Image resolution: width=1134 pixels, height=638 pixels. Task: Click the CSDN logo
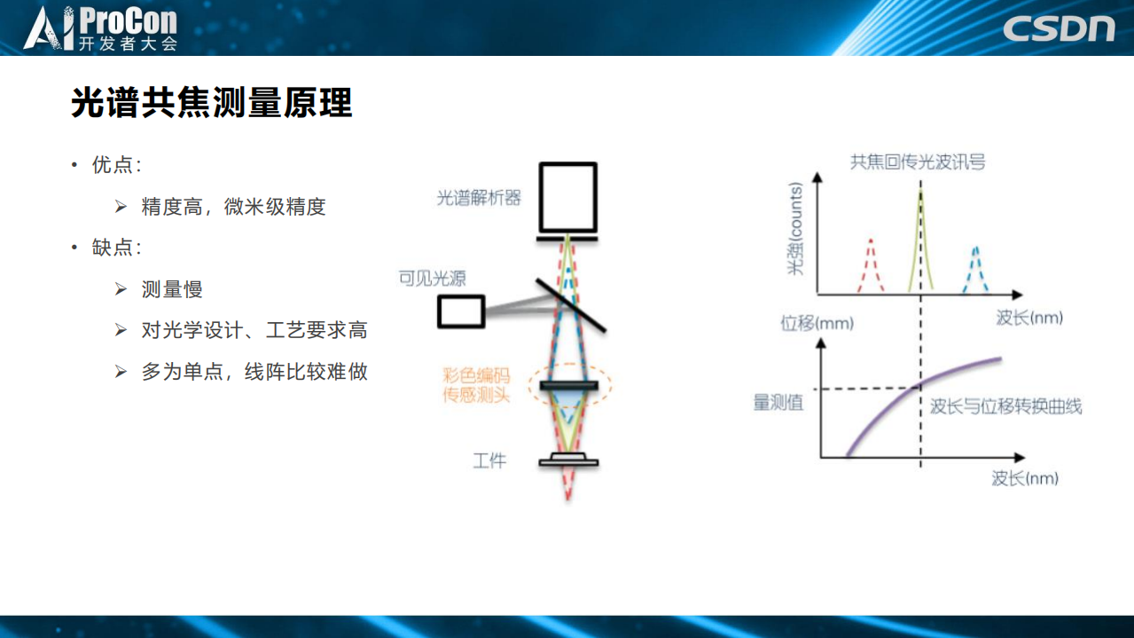pyautogui.click(x=1059, y=28)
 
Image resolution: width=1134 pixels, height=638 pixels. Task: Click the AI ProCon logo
pyautogui.click(x=101, y=28)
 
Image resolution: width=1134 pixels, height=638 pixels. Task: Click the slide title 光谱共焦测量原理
pyautogui.click(x=212, y=104)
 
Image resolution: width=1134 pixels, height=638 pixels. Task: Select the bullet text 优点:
pyautogui.click(x=116, y=166)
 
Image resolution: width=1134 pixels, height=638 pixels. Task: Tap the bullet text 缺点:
pyautogui.click(x=116, y=248)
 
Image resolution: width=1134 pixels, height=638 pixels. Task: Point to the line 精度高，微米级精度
pyautogui.click(x=233, y=207)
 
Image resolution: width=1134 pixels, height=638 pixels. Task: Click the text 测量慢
pyautogui.click(x=172, y=289)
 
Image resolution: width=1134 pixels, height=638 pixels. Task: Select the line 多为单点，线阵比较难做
pyautogui.click(x=254, y=372)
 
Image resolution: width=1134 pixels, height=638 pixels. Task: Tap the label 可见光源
pyautogui.click(x=433, y=279)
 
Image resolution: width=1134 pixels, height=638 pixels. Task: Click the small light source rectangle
pyautogui.click(x=460, y=311)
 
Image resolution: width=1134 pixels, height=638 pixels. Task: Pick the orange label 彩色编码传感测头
pyautogui.click(x=477, y=385)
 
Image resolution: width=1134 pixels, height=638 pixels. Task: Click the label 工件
pyautogui.click(x=489, y=461)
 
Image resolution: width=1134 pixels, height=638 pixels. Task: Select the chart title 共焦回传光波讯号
pyautogui.click(x=918, y=162)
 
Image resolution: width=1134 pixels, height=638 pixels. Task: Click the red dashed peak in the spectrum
pyautogui.click(x=871, y=265)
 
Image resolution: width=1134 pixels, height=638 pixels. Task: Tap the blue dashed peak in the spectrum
pyautogui.click(x=975, y=269)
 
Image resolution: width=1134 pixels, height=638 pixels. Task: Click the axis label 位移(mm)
pyautogui.click(x=817, y=322)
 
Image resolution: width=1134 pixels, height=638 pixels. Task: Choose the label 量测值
pyautogui.click(x=778, y=403)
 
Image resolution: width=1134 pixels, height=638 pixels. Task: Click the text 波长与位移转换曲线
pyautogui.click(x=1005, y=406)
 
